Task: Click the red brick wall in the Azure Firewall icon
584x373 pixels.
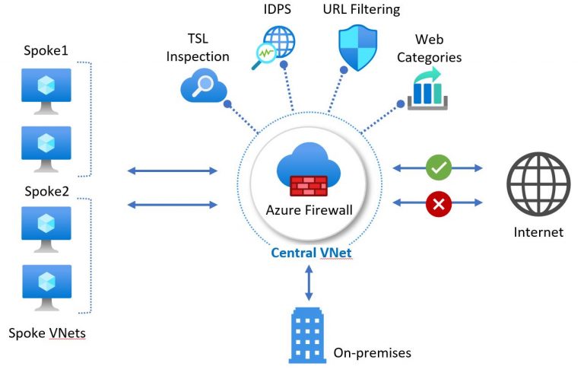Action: [x=308, y=184]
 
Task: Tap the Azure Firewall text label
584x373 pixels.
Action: [x=308, y=210]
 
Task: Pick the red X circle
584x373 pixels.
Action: [x=438, y=203]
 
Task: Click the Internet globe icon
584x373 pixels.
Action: [x=538, y=185]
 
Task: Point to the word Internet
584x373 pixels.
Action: [x=538, y=232]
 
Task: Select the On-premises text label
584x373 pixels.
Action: [x=372, y=352]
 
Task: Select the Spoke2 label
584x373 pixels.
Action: [x=46, y=191]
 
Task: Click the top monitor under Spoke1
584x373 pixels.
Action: [x=46, y=88]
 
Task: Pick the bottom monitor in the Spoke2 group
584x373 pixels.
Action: [x=46, y=285]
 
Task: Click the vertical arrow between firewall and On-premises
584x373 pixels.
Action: [x=309, y=284]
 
